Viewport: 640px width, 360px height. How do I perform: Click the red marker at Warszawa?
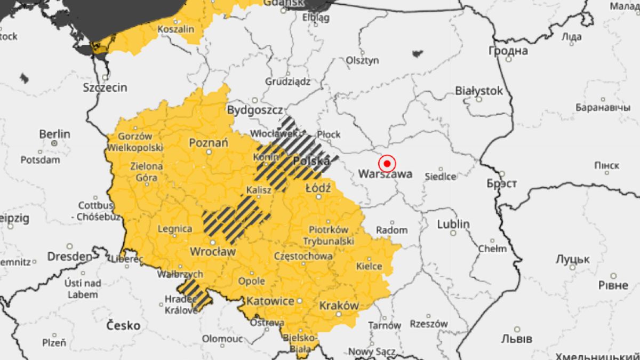(x=387, y=163)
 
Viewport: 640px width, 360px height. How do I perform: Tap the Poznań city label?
(x=209, y=142)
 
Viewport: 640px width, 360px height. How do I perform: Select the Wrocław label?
(x=213, y=251)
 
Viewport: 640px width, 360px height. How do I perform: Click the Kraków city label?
(x=338, y=306)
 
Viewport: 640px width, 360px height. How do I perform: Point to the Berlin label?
(x=54, y=134)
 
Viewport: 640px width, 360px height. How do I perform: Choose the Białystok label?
(x=478, y=91)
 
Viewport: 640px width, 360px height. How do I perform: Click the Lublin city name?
(x=453, y=224)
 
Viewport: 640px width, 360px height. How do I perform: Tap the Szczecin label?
(x=105, y=87)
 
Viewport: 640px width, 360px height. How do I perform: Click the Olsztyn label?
(x=363, y=60)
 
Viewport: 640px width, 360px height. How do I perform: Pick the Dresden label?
(x=69, y=257)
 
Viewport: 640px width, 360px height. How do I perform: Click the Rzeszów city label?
(x=428, y=324)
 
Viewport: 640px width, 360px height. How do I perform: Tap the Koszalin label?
(x=176, y=29)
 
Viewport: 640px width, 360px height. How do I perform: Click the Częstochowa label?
(x=303, y=256)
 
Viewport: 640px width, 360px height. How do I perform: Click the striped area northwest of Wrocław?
(x=235, y=216)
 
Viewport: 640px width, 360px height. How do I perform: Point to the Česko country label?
(x=123, y=325)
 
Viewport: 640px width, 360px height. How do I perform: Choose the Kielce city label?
(x=369, y=266)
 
